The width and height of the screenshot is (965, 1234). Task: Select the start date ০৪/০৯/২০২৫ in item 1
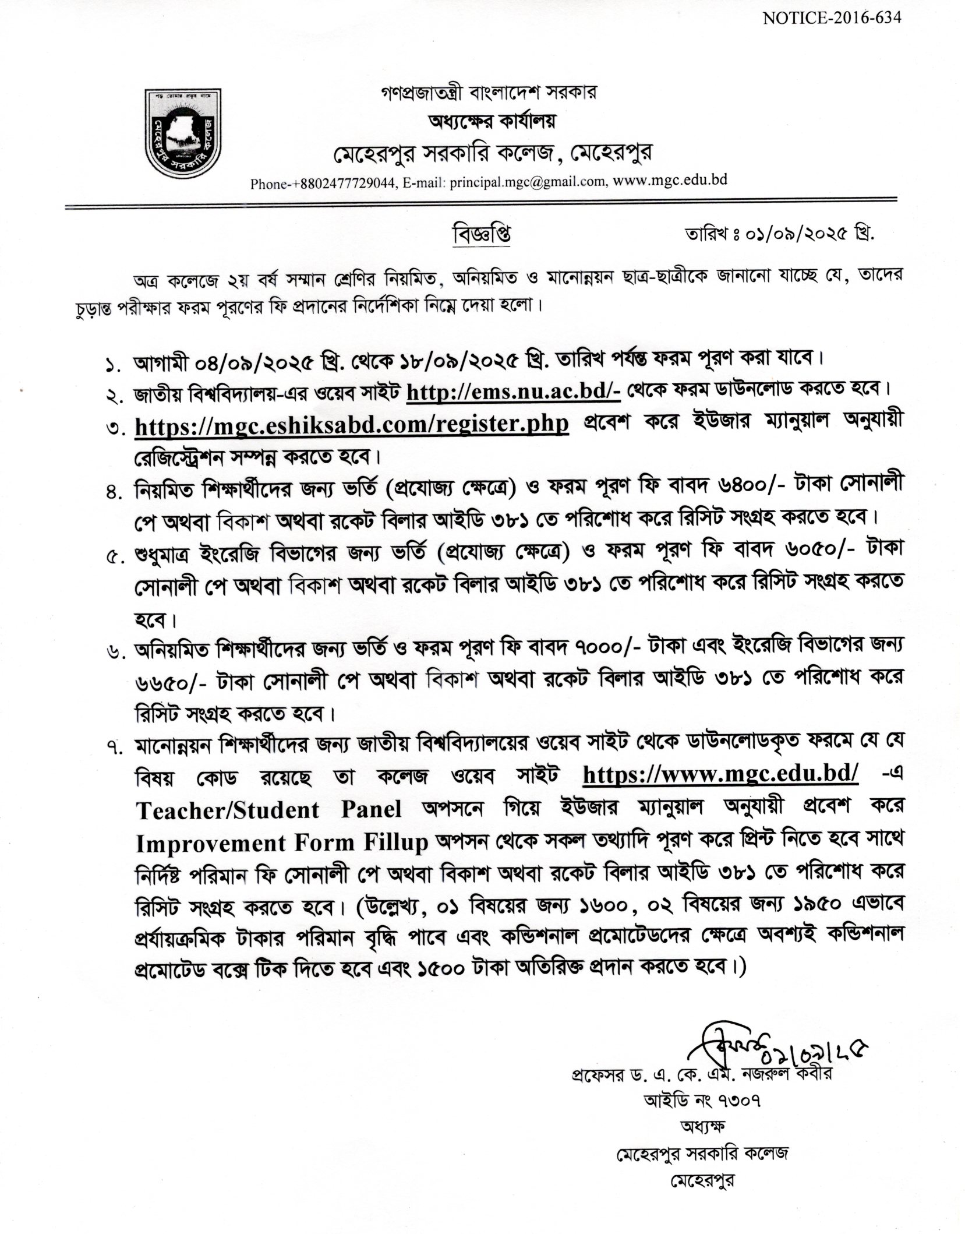click(248, 360)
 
